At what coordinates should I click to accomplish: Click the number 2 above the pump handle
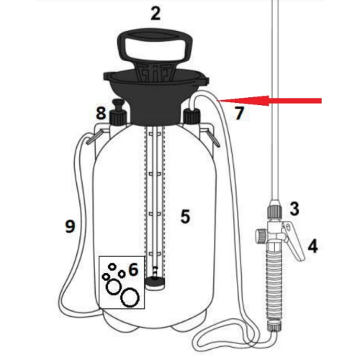pyautogui.click(x=156, y=12)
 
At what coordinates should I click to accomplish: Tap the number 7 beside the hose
pyautogui.click(x=239, y=112)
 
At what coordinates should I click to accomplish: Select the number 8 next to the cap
pyautogui.click(x=102, y=113)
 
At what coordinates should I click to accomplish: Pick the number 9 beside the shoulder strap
pyautogui.click(x=69, y=226)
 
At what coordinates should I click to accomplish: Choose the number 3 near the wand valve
pyautogui.click(x=294, y=209)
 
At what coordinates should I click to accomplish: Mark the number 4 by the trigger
pyautogui.click(x=312, y=246)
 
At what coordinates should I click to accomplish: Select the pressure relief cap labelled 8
pyautogui.click(x=117, y=114)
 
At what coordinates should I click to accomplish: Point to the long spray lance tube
pyautogui.click(x=274, y=108)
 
